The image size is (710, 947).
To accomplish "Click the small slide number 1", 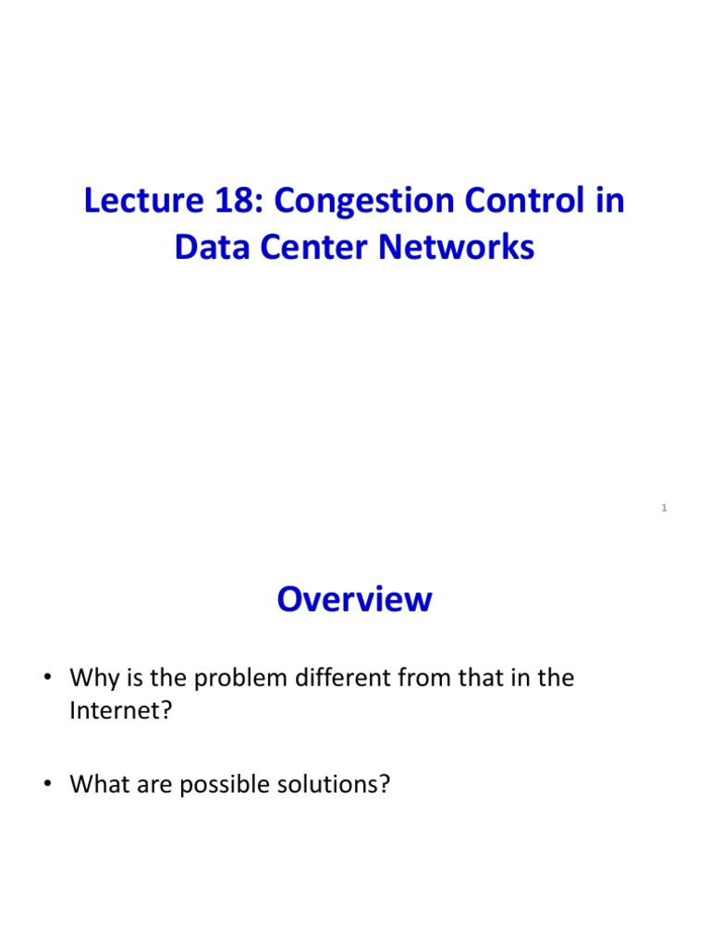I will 665,508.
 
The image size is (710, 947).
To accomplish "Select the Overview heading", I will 354,600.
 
